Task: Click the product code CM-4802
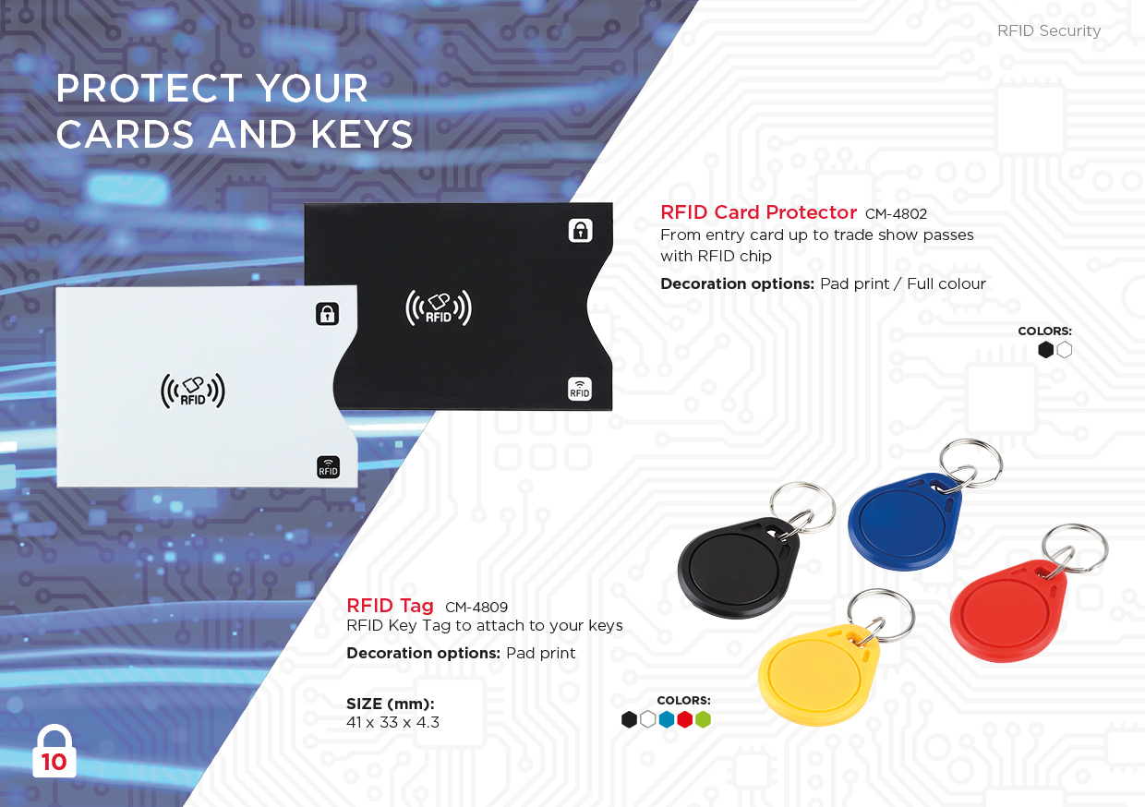(896, 213)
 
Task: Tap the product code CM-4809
(476, 608)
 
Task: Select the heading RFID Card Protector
(759, 212)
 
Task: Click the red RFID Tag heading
(390, 606)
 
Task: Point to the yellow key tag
(818, 675)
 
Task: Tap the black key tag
(736, 568)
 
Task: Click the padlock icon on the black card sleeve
(581, 231)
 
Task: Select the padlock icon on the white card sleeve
(327, 314)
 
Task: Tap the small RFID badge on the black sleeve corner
(580, 390)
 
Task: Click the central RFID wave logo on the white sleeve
(193, 391)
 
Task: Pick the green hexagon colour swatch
(704, 719)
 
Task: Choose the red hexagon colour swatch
(685, 719)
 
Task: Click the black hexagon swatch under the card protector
(1046, 350)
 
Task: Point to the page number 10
(54, 762)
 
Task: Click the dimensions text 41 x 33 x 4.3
(392, 723)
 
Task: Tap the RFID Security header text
(1049, 30)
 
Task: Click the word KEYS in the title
(362, 135)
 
